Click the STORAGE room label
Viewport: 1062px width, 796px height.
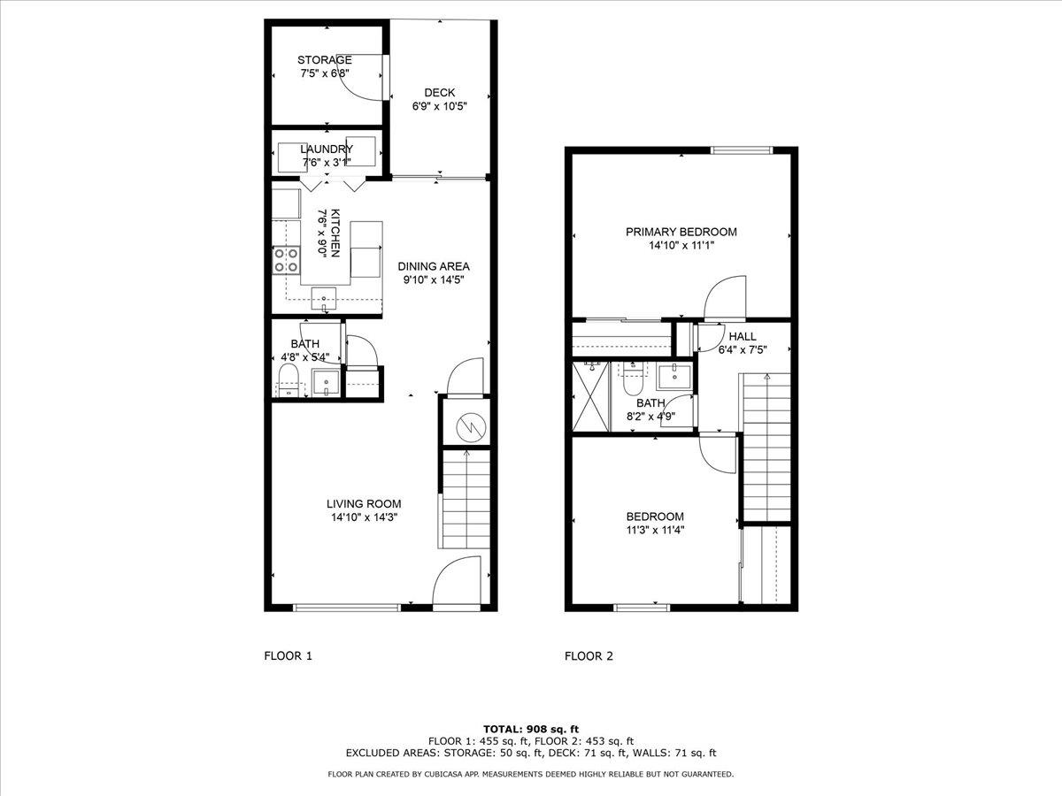coord(324,60)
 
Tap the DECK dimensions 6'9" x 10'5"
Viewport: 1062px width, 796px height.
coord(439,106)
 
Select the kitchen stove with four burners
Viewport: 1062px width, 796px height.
coord(286,261)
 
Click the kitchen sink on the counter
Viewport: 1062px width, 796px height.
coord(324,299)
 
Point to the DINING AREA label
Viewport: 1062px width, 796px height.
coord(434,266)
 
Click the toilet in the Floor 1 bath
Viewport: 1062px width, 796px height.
coord(289,380)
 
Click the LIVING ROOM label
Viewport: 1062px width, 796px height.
coord(364,503)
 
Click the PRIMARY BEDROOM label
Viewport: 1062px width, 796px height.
coord(681,232)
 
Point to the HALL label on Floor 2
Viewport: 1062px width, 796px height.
coord(743,336)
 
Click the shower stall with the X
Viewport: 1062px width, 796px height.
coord(591,396)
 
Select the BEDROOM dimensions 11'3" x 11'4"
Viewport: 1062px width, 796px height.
coord(655,530)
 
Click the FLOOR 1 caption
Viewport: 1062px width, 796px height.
coord(289,656)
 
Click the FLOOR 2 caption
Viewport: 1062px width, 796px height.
coord(589,656)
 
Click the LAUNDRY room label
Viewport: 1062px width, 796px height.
coord(327,149)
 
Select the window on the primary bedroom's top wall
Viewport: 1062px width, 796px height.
coord(742,150)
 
